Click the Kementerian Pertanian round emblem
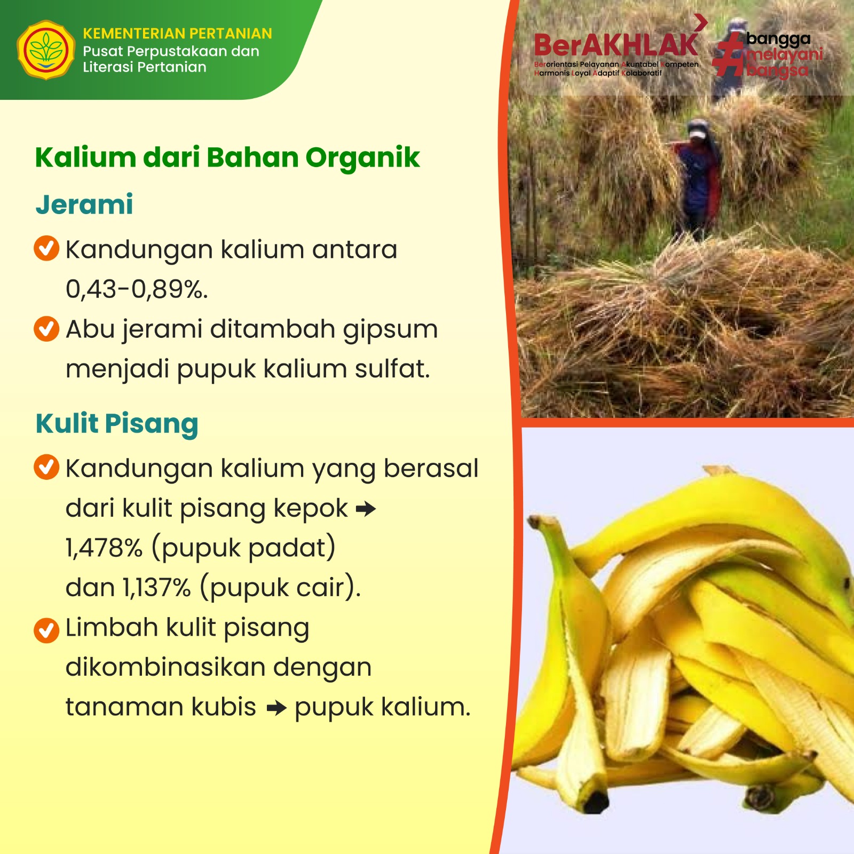click(x=46, y=50)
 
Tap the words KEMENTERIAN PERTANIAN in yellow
click(x=177, y=34)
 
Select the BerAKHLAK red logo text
click(x=616, y=45)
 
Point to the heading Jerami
click(x=84, y=204)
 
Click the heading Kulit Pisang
click(x=117, y=424)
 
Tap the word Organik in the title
click(x=363, y=158)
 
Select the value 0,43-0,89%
click(x=137, y=289)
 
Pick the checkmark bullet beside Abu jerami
click(x=46, y=329)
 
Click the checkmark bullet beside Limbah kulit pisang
click(x=46, y=630)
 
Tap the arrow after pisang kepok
click(x=366, y=509)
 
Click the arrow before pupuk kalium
click(x=276, y=709)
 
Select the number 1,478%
click(x=104, y=548)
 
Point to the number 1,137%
click(x=157, y=588)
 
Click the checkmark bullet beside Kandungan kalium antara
click(x=46, y=248)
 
